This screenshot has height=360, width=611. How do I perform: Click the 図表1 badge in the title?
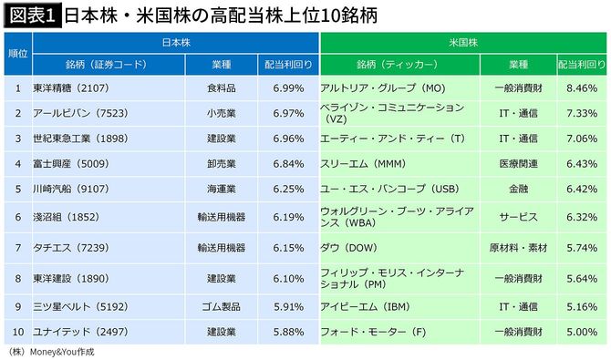coord(30,15)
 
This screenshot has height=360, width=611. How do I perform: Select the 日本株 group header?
coord(176,42)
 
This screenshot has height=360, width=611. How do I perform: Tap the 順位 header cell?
coord(17,54)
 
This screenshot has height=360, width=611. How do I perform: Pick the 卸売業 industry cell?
coord(223,163)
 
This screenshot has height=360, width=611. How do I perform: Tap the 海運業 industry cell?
coord(223,189)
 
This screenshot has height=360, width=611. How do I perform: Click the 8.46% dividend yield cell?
coord(581,88)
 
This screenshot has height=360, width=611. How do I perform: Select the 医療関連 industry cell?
coord(518,163)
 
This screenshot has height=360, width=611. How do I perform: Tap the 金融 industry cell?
coord(518,189)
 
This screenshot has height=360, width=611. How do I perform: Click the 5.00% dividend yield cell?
coord(581,332)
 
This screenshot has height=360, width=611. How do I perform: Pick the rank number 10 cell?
coord(17,332)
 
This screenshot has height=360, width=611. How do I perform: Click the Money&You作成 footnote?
coord(50,351)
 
